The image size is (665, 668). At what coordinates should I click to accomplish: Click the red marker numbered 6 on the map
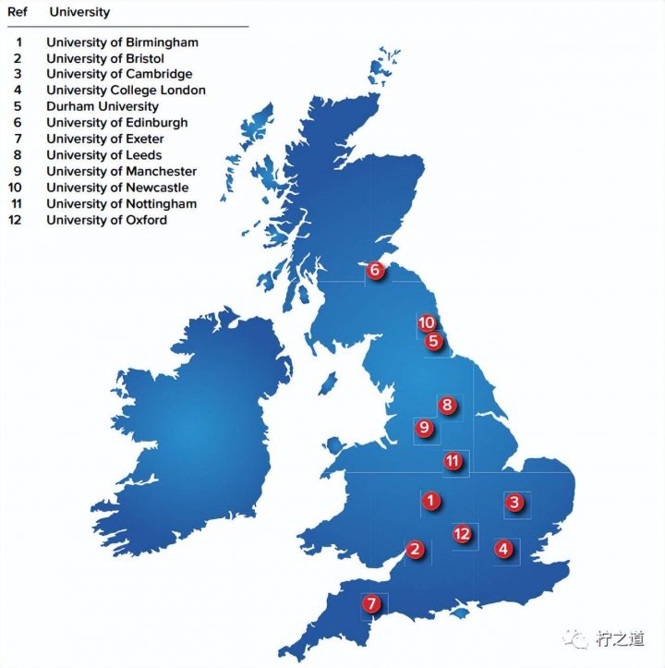coord(375,271)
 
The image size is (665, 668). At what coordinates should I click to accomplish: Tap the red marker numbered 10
coord(426,323)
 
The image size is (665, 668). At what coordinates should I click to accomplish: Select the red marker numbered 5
coord(433,341)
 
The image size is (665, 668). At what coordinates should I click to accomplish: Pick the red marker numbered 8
coord(447,405)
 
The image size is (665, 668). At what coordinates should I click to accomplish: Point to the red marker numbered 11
coord(453,461)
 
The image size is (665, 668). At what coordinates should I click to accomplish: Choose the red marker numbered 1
coord(430,502)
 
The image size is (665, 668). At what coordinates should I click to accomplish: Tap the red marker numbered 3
coord(515,504)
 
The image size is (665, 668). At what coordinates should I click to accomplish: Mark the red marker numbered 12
coord(463,534)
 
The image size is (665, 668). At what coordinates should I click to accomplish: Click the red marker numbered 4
coord(503,549)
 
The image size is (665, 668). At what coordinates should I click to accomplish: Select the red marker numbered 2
coord(416,550)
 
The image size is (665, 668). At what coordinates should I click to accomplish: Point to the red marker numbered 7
coord(371,604)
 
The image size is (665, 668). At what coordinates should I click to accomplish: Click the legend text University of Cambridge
coord(119,74)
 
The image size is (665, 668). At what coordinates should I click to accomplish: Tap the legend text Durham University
coord(103,106)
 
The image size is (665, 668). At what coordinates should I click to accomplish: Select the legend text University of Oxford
coord(106,220)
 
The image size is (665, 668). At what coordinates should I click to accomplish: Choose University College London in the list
coord(126,91)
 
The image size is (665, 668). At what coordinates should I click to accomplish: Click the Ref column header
coord(18,12)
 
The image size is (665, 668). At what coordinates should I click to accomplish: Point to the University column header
coord(79,12)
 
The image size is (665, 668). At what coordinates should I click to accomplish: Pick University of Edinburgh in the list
coord(116,123)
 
